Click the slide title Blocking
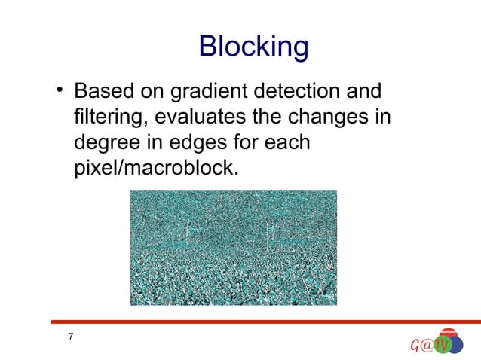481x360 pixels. tap(253, 48)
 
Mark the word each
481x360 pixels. tap(289, 143)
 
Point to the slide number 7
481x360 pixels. tap(71, 337)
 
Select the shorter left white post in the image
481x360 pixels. tap(187, 235)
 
